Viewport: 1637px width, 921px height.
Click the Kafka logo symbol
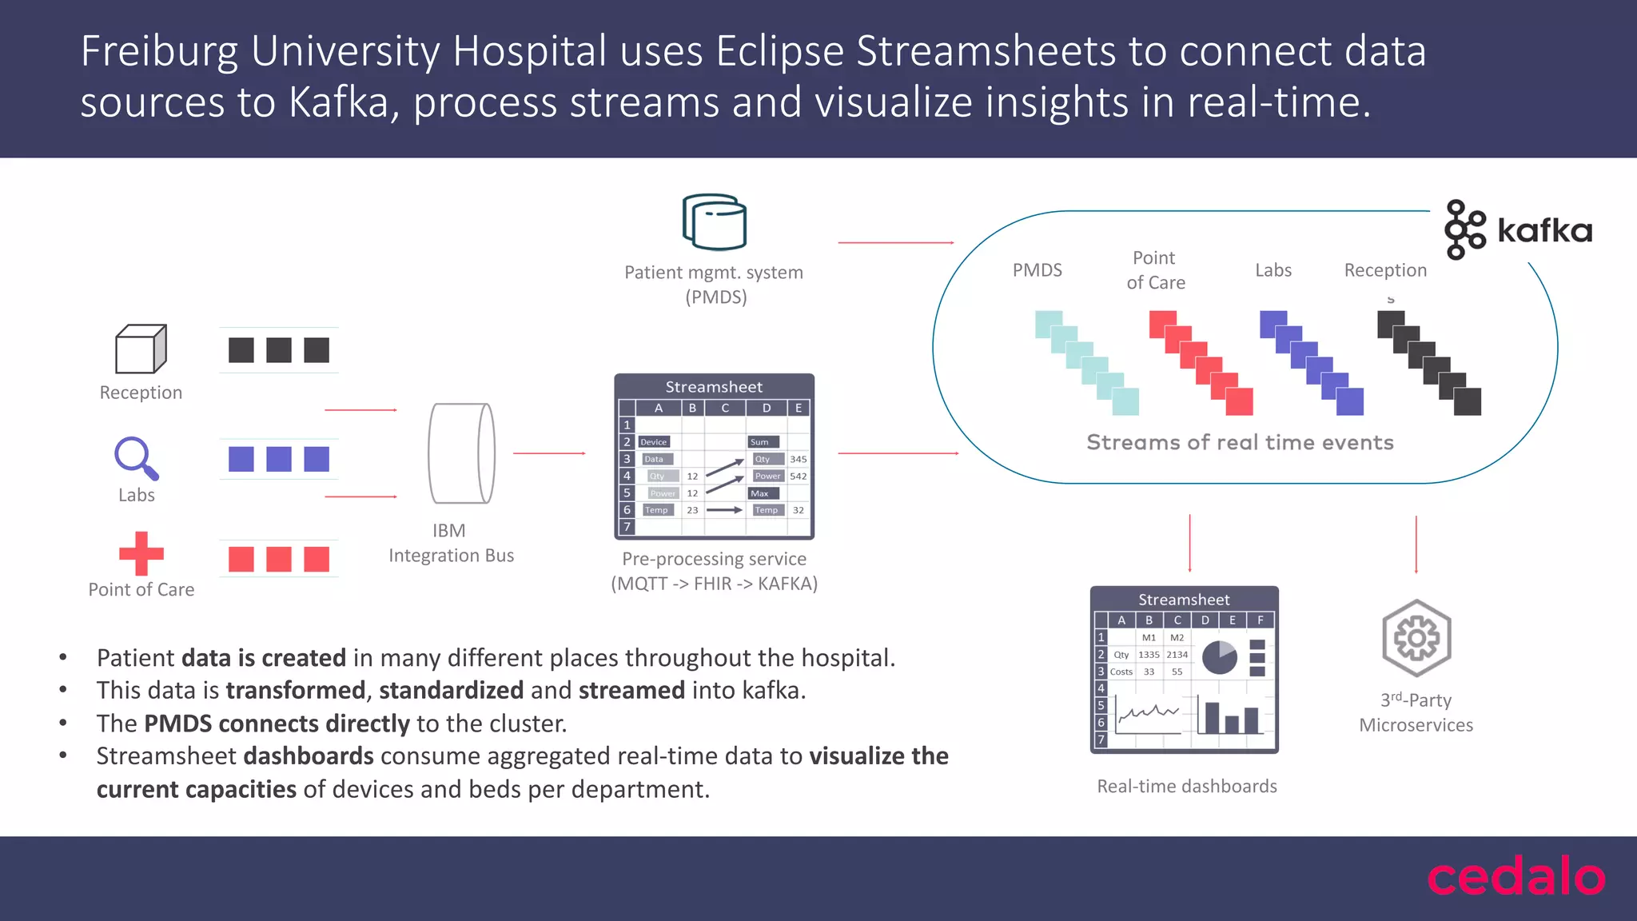(1464, 229)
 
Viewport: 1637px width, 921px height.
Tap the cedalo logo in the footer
(1516, 877)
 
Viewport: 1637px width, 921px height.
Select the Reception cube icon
(141, 349)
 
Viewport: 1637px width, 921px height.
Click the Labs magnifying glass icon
(136, 458)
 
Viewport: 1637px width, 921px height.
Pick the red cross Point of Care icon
(141, 553)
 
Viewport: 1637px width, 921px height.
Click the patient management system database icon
(714, 221)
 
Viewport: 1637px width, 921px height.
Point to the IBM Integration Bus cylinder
(461, 453)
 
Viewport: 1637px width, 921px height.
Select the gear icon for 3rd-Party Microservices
(1416, 638)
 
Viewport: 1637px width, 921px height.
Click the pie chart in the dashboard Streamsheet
(1219, 657)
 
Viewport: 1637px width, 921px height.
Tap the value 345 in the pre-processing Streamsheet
(798, 459)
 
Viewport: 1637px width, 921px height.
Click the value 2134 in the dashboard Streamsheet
(1177, 655)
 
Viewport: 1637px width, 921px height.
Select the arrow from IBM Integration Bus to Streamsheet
(549, 453)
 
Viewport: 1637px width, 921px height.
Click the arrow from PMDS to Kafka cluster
(895, 242)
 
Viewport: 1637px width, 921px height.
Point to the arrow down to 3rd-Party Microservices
(1416, 544)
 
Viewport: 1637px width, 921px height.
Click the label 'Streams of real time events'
(1240, 442)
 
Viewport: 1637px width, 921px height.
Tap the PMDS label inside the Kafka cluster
(1037, 270)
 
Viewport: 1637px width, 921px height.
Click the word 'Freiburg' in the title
(159, 51)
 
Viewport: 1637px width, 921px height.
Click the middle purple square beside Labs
(278, 459)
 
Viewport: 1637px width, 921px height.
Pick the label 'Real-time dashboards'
(1186, 787)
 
